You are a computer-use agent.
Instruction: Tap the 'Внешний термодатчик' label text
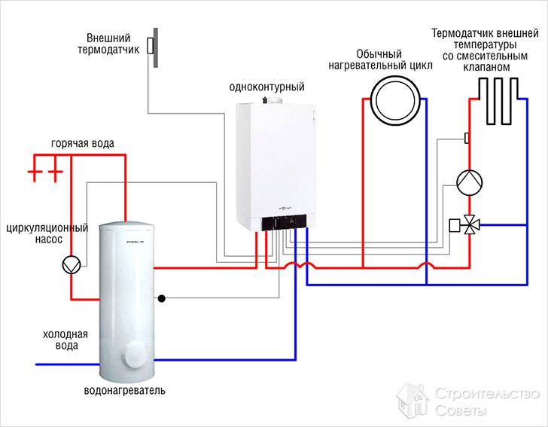109,44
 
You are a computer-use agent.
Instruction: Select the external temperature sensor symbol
152,44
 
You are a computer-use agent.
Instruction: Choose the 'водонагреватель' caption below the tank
124,392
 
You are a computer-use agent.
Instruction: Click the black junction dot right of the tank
161,298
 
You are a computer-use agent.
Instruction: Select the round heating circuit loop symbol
395,99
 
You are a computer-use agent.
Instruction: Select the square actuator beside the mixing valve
454,224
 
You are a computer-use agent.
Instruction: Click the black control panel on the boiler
285,223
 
